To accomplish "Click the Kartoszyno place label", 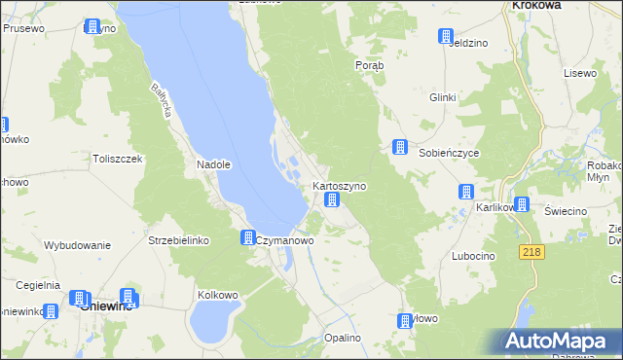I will [x=339, y=185].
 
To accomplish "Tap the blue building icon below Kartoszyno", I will [x=332, y=200].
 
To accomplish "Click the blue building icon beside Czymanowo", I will [x=248, y=237].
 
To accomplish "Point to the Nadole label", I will [x=213, y=164].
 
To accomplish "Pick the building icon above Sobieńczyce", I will [x=399, y=147].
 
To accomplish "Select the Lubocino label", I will [x=473, y=255].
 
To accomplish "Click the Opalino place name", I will [x=343, y=337].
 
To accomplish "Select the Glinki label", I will [x=443, y=97].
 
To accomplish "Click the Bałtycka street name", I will [x=161, y=100].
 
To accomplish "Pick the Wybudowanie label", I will [x=77, y=245].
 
